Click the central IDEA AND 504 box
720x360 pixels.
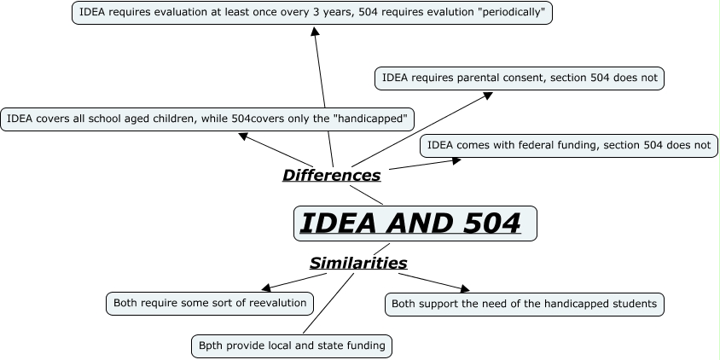415,224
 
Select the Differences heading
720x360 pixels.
331,176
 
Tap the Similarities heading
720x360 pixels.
357,263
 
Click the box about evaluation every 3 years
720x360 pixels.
312,13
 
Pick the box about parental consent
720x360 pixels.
520,78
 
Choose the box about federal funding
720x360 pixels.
568,145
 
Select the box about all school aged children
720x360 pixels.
207,119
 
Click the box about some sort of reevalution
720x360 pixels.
209,302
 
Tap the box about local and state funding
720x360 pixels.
293,345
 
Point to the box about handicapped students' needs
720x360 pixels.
524,304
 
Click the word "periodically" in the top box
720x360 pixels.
510,13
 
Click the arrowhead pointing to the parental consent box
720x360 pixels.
488,94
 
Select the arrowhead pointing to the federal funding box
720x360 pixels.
456,159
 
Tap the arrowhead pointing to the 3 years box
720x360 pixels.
315,31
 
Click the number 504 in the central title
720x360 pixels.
481,224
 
